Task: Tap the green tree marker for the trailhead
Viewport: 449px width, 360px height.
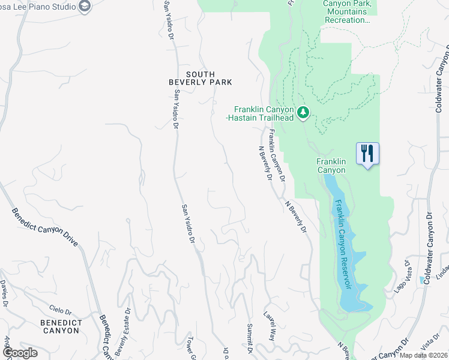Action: [304, 112]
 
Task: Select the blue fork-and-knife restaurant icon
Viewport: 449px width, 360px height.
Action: [367, 154]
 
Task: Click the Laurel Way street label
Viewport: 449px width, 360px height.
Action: [270, 326]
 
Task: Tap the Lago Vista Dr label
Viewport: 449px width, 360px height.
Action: [402, 275]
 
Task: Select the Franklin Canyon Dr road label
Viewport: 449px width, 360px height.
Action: [276, 156]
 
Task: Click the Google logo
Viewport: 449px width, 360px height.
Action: [20, 352]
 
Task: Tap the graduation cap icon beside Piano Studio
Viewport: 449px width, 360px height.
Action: [85, 7]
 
